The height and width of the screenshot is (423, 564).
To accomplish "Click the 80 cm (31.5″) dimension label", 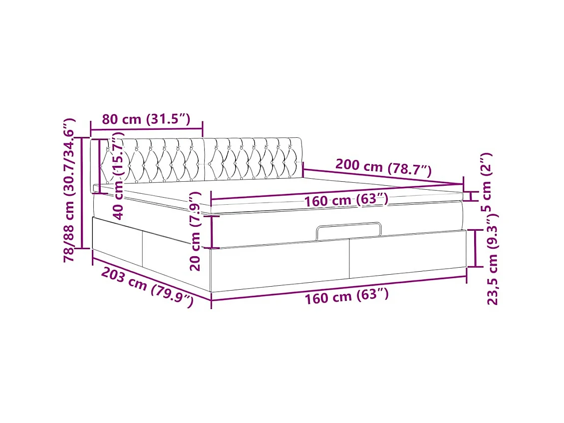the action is pyautogui.click(x=146, y=119).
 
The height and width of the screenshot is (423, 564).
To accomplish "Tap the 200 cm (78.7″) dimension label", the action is pyautogui.click(x=383, y=167).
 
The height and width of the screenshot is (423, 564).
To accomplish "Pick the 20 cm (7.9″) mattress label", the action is pyautogui.click(x=195, y=232).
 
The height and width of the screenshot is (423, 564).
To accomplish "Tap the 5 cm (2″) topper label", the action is pyautogui.click(x=486, y=182).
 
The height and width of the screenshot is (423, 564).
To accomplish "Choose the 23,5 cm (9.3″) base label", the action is pyautogui.click(x=493, y=259).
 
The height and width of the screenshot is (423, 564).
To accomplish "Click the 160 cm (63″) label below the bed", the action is pyautogui.click(x=347, y=296).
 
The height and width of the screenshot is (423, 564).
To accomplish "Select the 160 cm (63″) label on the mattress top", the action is pyautogui.click(x=346, y=199).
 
